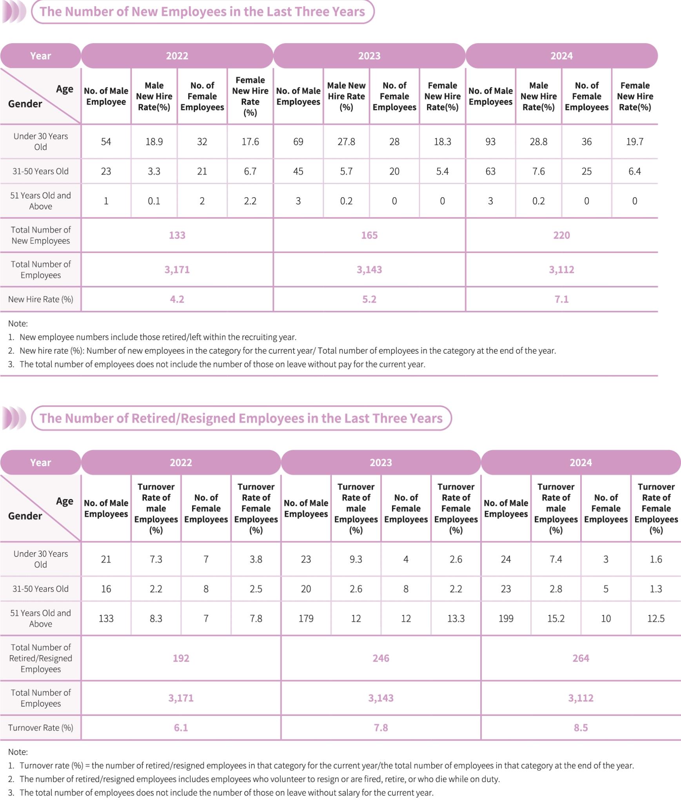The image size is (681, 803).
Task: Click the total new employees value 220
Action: (561, 235)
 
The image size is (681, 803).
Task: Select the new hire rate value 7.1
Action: (561, 299)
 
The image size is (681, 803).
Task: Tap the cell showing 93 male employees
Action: (490, 142)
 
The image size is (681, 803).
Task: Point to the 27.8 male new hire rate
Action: (346, 142)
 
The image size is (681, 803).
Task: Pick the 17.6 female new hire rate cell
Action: (250, 142)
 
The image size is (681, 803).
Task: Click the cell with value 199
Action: (506, 618)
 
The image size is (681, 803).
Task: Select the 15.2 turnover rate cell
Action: (556, 618)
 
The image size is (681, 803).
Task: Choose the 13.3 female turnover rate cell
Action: (456, 618)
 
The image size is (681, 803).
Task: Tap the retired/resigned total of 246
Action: (381, 658)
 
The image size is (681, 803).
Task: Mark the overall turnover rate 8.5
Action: (581, 728)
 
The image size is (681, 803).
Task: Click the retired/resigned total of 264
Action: (581, 658)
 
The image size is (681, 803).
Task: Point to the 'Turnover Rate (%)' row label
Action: (40, 728)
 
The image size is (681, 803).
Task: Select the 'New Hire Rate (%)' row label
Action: (40, 299)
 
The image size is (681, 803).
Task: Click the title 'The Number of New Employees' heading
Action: (202, 11)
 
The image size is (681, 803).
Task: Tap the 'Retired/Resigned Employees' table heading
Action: (241, 418)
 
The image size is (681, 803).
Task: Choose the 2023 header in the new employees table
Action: (369, 56)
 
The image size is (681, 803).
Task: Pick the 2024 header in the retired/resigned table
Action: (581, 462)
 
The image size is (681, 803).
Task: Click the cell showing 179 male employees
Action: (306, 618)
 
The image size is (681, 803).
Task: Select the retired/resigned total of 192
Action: (181, 658)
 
